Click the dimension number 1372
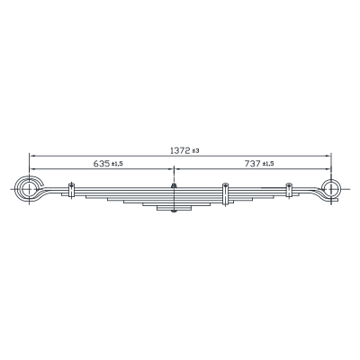180,150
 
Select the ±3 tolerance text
195,151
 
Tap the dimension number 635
102,164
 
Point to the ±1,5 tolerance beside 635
117,164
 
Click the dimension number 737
253,164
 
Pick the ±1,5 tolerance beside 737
268,164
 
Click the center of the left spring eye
29,189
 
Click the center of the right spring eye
331,189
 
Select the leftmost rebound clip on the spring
71,190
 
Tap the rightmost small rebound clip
289,190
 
